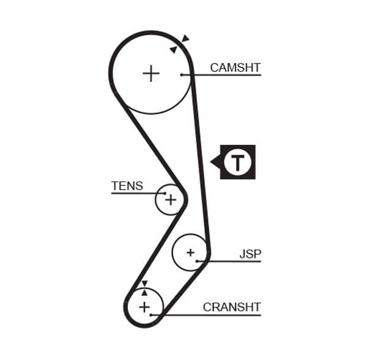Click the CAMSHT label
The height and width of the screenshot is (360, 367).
235,67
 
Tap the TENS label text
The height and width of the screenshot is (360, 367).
127,186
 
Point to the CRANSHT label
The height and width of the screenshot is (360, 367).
232,307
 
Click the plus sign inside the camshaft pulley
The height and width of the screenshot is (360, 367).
150,74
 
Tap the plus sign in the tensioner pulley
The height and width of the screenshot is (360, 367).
171,199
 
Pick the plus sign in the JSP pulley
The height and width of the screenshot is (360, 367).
190,252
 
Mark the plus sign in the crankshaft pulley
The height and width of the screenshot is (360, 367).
144,306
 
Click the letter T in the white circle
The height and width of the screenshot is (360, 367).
237,162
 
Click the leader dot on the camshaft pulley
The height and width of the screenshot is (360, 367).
182,75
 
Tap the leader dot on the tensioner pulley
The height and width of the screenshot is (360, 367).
165,193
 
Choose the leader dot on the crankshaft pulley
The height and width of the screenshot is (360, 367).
151,315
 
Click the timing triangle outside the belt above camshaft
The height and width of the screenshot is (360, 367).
185,39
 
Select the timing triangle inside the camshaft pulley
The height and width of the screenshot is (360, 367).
174,50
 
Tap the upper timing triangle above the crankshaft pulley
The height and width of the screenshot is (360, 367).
144,284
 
